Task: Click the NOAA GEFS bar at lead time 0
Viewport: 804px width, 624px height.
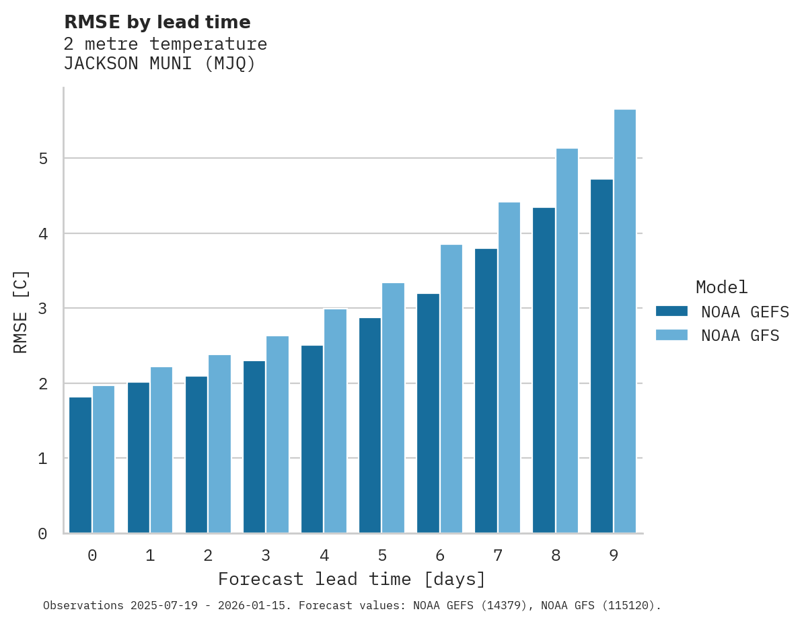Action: click(80, 465)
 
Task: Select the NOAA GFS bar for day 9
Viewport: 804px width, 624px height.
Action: click(625, 321)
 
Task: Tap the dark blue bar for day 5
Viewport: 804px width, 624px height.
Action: click(370, 426)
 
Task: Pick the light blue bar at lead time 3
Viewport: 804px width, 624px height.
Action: click(277, 434)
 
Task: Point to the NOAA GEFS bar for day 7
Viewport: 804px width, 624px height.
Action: click(486, 391)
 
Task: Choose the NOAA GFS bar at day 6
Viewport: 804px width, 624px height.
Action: click(451, 389)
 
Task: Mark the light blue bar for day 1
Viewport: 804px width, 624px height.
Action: click(161, 450)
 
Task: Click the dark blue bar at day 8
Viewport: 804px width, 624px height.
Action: click(544, 370)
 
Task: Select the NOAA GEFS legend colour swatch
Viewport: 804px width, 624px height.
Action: click(671, 311)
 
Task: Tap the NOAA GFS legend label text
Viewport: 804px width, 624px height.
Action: click(740, 336)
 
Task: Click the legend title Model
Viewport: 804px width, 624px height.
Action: click(721, 287)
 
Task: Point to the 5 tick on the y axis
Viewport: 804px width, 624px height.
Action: click(42, 159)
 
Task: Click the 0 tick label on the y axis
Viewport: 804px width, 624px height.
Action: click(42, 534)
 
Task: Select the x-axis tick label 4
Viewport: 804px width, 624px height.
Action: click(324, 556)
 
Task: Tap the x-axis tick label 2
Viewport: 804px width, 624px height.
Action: click(208, 556)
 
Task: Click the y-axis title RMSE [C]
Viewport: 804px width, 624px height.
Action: click(21, 311)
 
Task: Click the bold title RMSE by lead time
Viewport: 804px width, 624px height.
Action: click(157, 22)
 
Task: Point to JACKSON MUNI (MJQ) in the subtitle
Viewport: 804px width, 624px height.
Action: click(159, 64)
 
